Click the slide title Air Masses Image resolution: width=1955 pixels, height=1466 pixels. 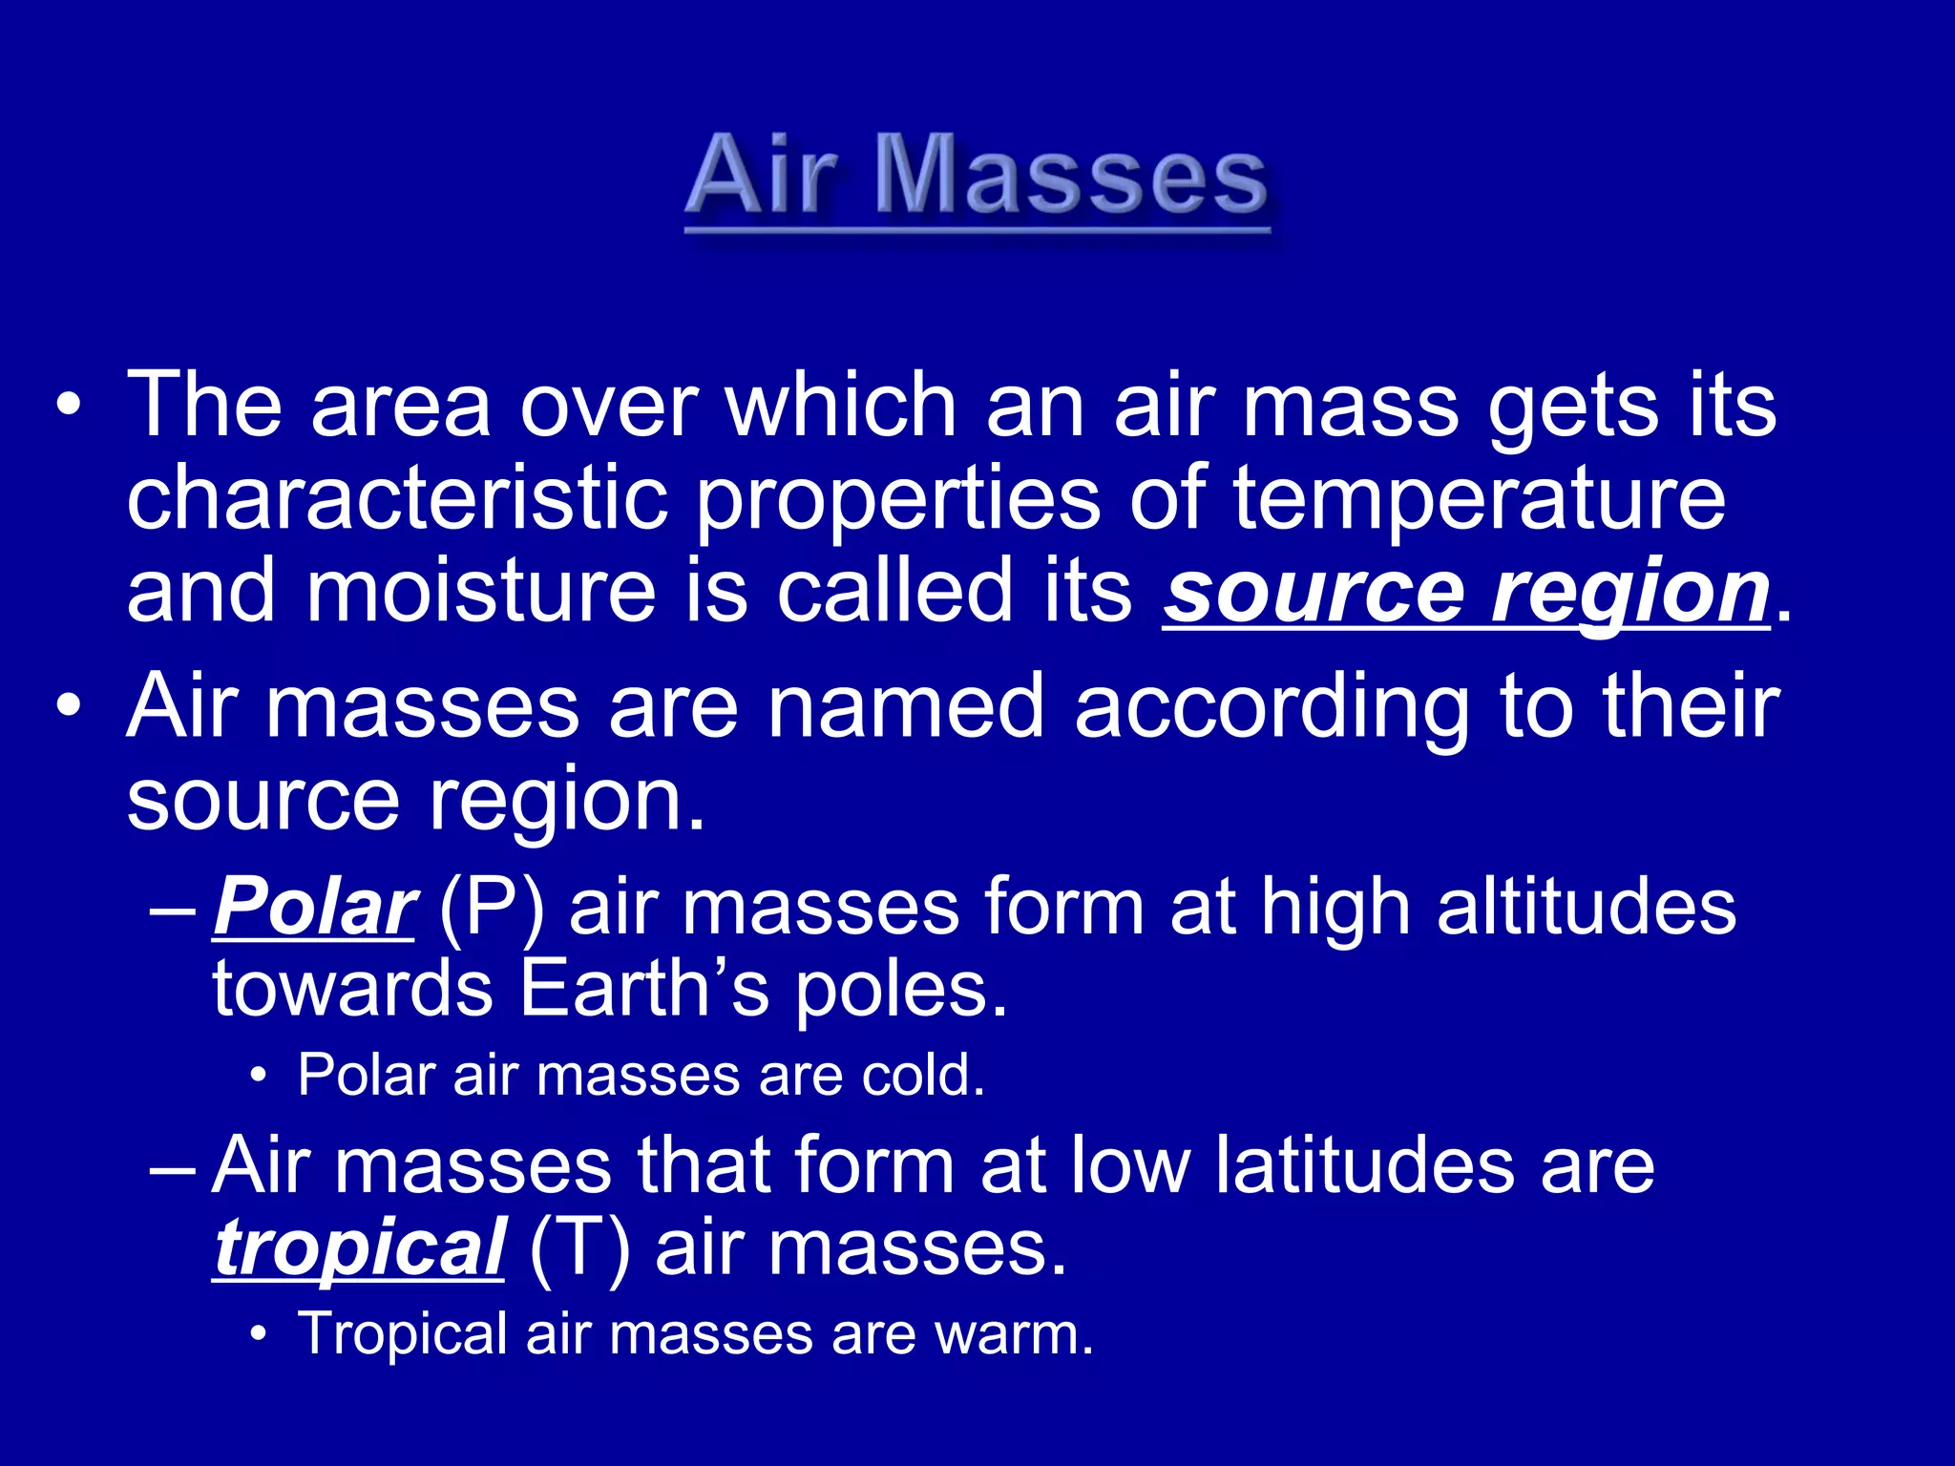click(977, 177)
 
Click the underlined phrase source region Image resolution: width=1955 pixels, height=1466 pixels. click(1465, 592)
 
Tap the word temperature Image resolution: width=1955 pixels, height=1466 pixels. click(1479, 498)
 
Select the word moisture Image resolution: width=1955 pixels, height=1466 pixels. click(481, 592)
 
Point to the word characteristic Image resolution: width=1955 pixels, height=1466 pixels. click(397, 498)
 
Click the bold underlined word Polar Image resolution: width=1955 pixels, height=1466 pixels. click(313, 907)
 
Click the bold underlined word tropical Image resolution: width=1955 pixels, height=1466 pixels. click(358, 1248)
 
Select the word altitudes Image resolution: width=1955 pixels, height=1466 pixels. click(1586, 907)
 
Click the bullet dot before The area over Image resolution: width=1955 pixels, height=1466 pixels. click(69, 406)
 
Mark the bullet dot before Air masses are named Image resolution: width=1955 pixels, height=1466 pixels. click(69, 707)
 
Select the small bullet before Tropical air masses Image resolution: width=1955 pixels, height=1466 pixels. click(257, 1334)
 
